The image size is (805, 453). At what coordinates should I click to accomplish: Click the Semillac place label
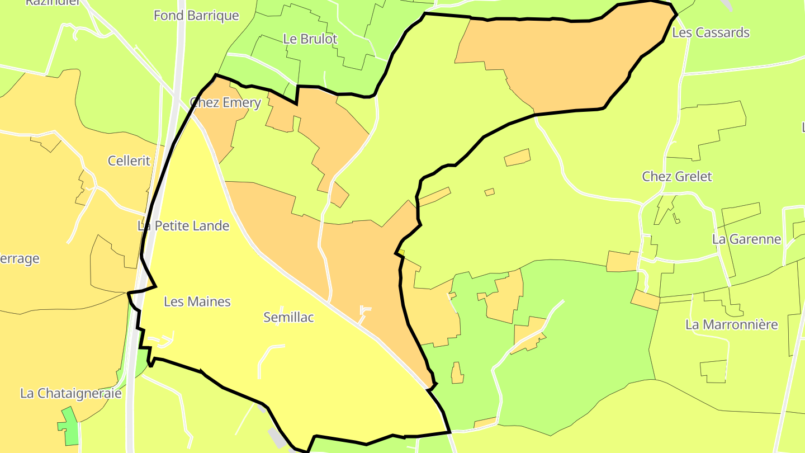tap(288, 318)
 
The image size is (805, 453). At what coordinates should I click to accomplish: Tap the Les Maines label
tap(197, 302)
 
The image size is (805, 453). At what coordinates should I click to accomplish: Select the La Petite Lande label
tap(183, 226)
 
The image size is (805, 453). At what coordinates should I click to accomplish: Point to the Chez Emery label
tap(225, 103)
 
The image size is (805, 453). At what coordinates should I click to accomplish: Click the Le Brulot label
tap(310, 39)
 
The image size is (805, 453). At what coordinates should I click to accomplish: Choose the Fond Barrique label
tap(196, 16)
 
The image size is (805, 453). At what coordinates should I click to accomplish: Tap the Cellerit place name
tap(129, 161)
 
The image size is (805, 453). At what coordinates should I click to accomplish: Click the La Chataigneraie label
tap(71, 393)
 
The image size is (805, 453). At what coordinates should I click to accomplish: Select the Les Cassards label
tap(710, 32)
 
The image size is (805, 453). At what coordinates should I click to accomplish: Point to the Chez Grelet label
tap(676, 177)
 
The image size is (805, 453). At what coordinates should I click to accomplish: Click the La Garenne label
tap(746, 239)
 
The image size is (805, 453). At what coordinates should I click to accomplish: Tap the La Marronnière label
tap(731, 325)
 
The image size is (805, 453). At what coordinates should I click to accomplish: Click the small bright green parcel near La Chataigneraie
tap(70, 428)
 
